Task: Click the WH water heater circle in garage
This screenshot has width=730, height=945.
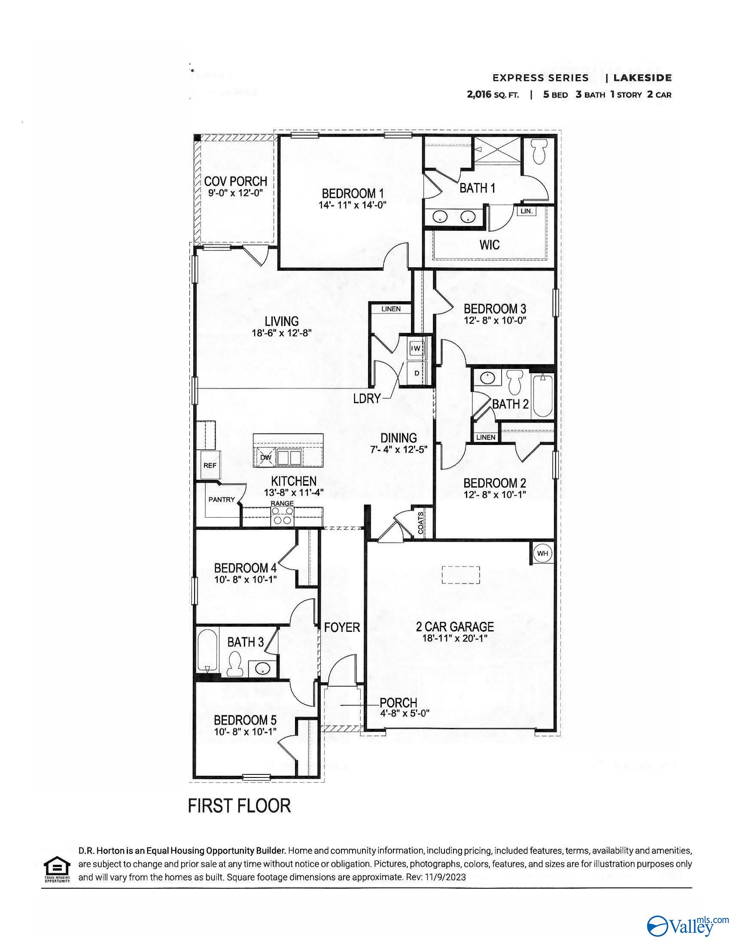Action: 542,553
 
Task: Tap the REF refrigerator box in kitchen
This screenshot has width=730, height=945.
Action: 210,465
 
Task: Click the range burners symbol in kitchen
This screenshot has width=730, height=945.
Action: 282,516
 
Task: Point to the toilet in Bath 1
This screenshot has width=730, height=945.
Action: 539,154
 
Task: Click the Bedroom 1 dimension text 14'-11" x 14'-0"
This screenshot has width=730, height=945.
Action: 352,205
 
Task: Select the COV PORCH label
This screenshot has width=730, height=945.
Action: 235,181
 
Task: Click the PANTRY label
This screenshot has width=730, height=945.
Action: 222,499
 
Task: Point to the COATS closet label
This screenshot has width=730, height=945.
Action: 421,523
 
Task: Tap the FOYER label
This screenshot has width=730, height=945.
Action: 342,627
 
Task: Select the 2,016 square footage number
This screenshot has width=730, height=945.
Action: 479,95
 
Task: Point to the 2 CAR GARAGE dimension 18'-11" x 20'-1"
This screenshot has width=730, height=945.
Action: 455,638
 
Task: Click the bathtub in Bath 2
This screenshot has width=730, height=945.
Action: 542,396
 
